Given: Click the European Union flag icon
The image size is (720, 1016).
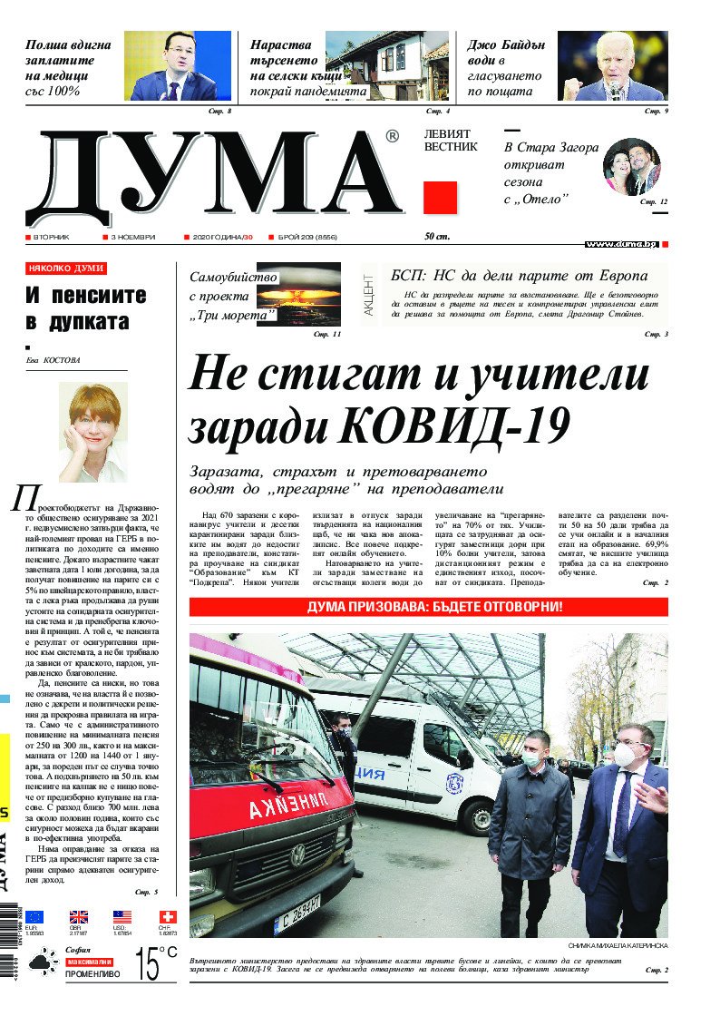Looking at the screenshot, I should tap(34, 917).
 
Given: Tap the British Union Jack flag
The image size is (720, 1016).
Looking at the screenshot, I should tap(78, 917).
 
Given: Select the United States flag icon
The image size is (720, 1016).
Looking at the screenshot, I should tap(122, 917).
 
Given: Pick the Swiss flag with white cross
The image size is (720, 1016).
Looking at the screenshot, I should tap(167, 917).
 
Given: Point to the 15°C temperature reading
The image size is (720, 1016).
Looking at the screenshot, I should tap(155, 962).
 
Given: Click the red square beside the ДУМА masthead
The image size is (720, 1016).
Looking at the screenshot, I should tap(440, 197).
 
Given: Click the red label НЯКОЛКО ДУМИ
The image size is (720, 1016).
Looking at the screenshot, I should tap(66, 269).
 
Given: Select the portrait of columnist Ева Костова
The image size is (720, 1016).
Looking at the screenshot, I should tap(93, 430).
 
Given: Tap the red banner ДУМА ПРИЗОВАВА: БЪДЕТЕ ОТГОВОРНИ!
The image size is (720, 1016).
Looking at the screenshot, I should tap(428, 607).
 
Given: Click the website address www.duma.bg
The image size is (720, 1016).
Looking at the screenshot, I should tap(621, 244).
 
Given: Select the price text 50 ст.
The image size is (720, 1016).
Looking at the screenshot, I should tap(437, 237).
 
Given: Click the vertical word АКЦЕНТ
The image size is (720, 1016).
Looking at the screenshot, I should tap(369, 294).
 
